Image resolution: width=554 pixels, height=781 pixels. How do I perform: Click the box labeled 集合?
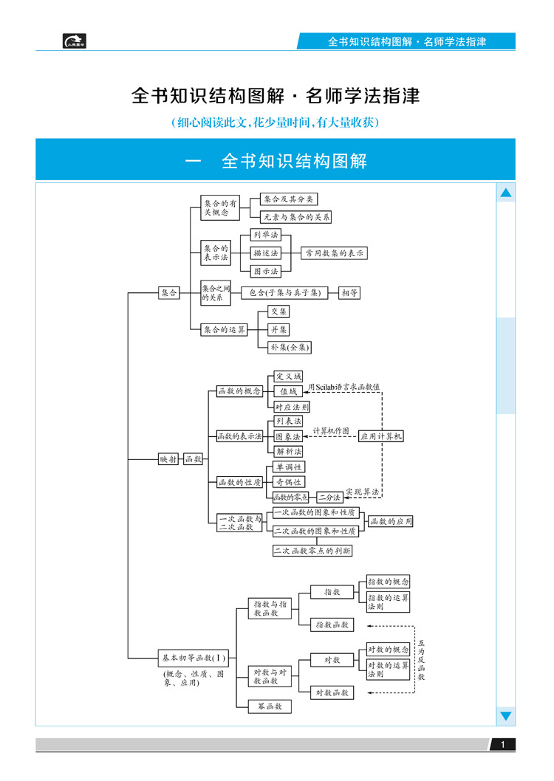(x=169, y=293)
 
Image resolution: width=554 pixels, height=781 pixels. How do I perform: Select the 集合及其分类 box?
(x=289, y=199)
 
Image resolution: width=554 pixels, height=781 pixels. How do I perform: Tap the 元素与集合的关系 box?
(x=296, y=217)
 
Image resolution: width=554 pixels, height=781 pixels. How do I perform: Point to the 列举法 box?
(x=265, y=235)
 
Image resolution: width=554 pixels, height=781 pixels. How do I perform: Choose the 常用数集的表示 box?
(x=335, y=253)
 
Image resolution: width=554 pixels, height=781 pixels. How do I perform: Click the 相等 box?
(x=349, y=293)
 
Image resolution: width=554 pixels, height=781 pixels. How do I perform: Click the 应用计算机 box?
(x=381, y=436)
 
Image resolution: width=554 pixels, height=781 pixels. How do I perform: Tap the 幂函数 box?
(x=264, y=706)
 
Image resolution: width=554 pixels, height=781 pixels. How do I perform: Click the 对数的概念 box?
(x=388, y=650)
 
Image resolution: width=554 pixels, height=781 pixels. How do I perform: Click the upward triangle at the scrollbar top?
(x=506, y=194)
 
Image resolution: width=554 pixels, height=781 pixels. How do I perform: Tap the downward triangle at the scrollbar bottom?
(x=506, y=716)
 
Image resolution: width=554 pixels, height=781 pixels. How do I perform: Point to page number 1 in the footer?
(x=502, y=746)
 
